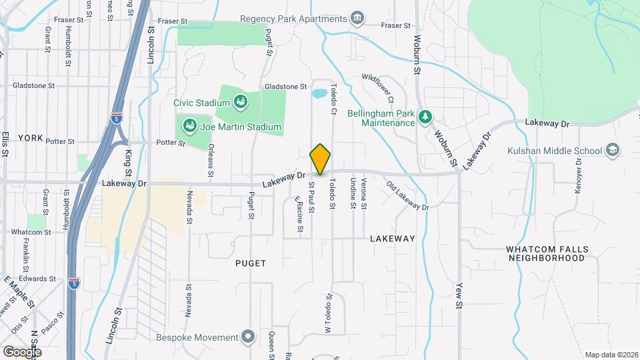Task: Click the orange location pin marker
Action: pos(320,159)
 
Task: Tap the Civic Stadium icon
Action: pos(240,103)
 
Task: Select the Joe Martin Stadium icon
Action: pos(189,126)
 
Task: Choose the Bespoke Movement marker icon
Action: pos(248,337)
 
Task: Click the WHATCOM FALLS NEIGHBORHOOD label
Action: pos(547,253)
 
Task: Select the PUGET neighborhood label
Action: pos(251,263)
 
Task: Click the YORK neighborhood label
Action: pos(31,138)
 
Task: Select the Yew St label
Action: pos(459,293)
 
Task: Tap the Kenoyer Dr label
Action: pos(579,177)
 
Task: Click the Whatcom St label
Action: pos(31,232)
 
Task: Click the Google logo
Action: pos(21,351)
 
